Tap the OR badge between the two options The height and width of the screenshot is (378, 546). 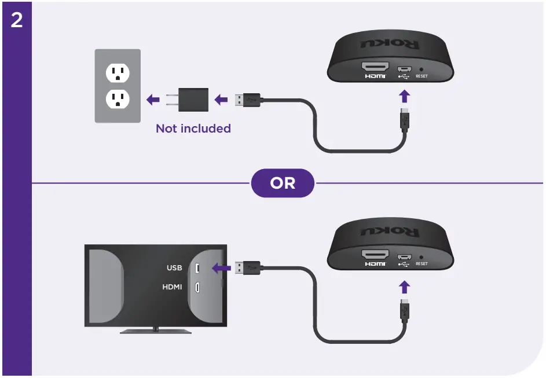point(283,184)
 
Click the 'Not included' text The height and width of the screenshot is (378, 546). point(193,129)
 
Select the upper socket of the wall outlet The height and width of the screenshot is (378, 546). point(117,72)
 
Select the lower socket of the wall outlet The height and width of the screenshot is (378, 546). point(117,100)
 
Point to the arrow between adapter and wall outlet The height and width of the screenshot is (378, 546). point(153,100)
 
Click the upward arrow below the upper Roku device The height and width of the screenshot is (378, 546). point(405,95)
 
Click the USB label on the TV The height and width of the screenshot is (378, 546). point(174,268)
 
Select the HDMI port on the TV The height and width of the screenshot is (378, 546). point(197,288)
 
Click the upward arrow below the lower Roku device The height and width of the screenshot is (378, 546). point(405,287)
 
